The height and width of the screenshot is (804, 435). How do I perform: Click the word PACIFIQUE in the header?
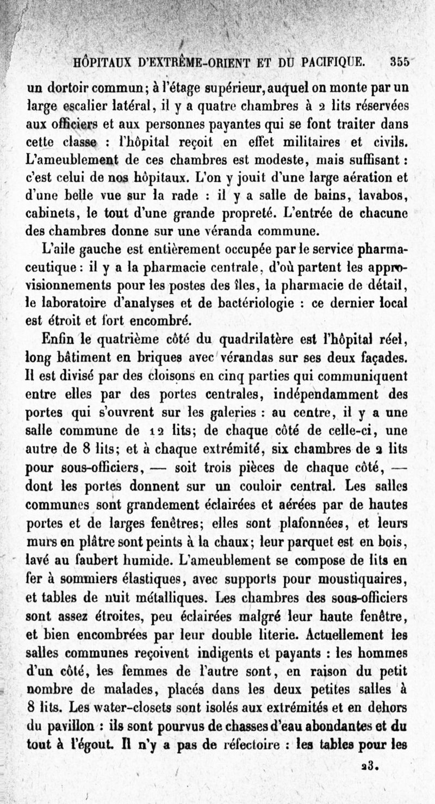tap(328, 63)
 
